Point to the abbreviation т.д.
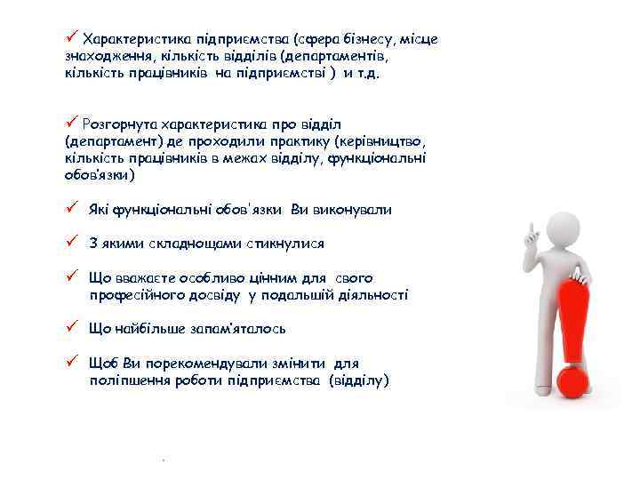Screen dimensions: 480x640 [366, 73]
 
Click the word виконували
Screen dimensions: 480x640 [353, 210]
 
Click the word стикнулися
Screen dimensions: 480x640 [280, 243]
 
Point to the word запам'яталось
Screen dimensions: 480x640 [237, 328]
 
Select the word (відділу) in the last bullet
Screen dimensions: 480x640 [358, 380]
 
